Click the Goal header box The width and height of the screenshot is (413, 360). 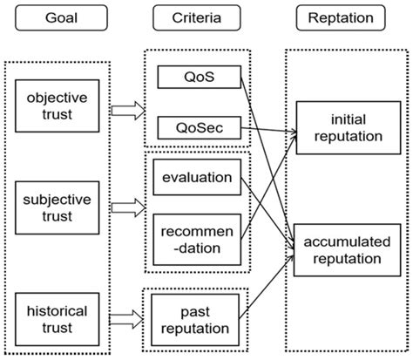(x=57, y=17)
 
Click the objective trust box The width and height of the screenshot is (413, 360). (x=55, y=106)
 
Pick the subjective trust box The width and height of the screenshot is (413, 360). (x=55, y=208)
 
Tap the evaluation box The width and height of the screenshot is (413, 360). (x=197, y=178)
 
